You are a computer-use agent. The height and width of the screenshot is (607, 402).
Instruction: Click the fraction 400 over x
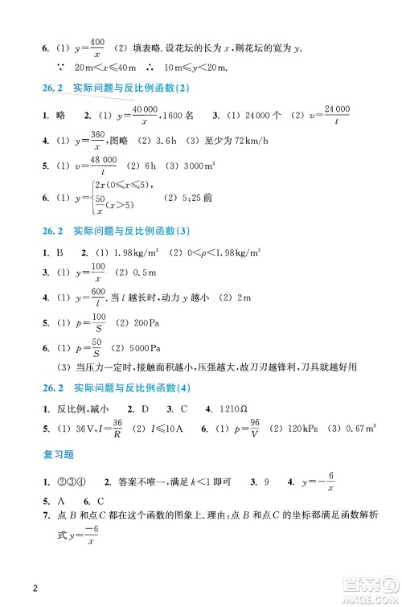coord(98,46)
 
